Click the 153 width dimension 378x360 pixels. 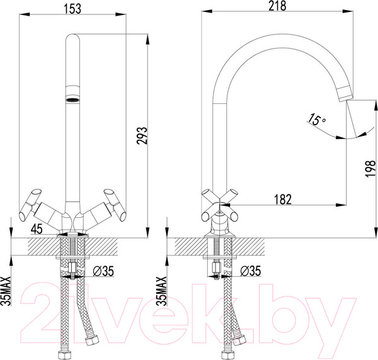click(72, 9)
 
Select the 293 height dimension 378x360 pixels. click(142, 135)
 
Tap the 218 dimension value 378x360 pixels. click(277, 6)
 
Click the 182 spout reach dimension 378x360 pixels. click(283, 199)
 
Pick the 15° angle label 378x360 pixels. click(316, 120)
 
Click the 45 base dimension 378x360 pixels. click(37, 228)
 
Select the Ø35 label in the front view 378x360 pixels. click(103, 271)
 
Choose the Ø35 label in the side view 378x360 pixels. click(251, 271)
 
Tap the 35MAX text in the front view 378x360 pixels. click(6, 291)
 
